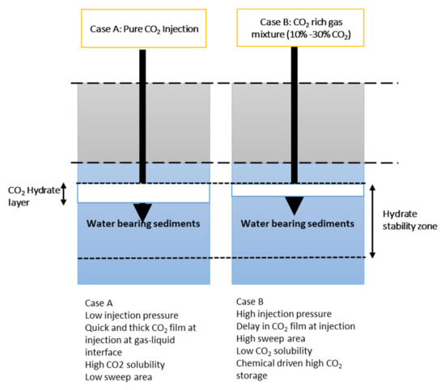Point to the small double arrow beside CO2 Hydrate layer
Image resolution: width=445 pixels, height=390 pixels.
[63, 194]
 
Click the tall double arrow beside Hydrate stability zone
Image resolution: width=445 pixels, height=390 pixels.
[372, 221]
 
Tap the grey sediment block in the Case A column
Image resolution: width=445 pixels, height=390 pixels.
[105, 121]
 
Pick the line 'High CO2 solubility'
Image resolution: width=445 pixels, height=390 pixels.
[126, 366]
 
